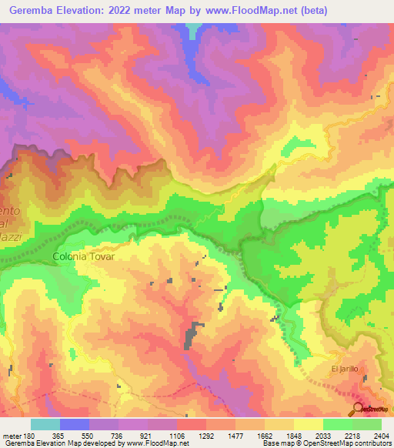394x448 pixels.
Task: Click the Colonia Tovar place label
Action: (83, 256)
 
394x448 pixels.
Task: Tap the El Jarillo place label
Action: (345, 369)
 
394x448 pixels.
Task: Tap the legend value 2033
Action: (322, 436)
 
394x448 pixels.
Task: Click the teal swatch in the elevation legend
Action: (45, 424)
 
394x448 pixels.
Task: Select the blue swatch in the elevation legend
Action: (74, 424)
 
